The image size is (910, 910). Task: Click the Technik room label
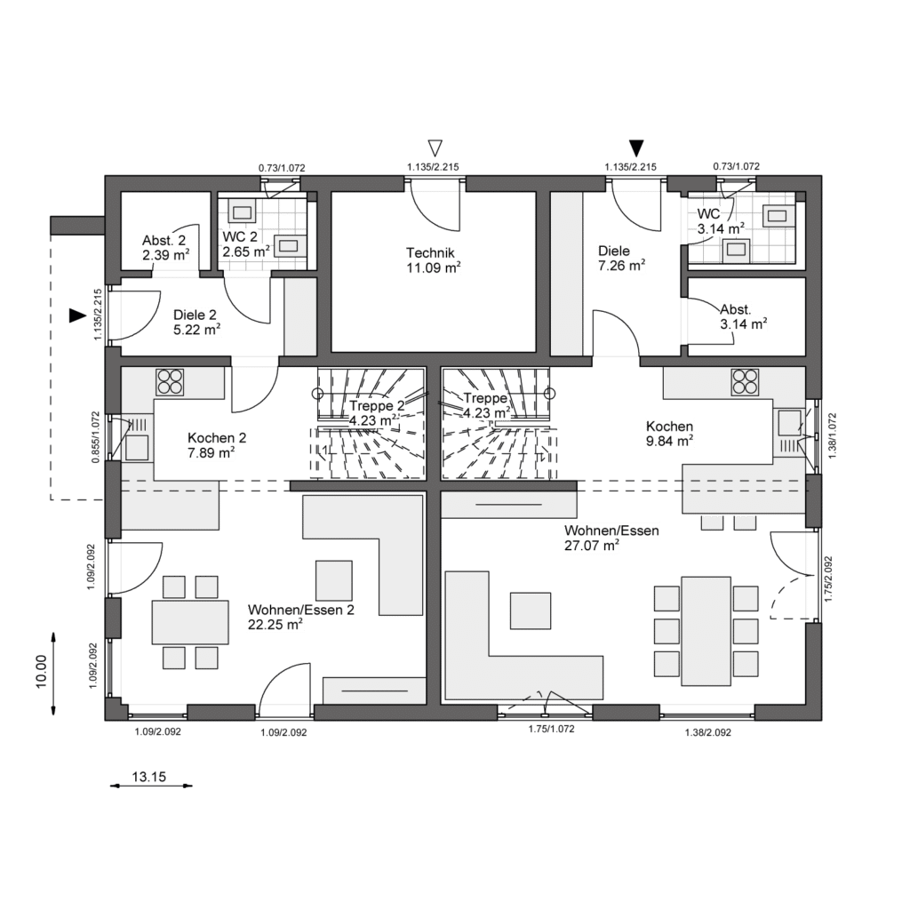click(x=430, y=253)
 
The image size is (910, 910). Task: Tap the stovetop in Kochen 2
click(x=170, y=382)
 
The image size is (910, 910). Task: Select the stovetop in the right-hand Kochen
click(x=746, y=382)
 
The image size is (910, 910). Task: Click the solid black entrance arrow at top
click(x=637, y=148)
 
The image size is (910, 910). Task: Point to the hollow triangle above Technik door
click(x=435, y=148)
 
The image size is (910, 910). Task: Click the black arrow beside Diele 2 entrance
click(x=77, y=315)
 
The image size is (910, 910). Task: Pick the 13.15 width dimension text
click(x=149, y=777)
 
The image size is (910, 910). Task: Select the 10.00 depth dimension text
click(x=41, y=672)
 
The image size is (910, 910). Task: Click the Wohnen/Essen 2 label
click(x=300, y=610)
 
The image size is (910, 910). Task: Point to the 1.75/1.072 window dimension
click(x=551, y=729)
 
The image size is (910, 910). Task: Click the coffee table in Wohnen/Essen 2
click(x=334, y=580)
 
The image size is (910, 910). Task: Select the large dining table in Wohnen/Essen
click(x=706, y=631)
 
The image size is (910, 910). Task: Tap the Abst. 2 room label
click(x=164, y=241)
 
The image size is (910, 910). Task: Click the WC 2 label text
click(x=240, y=236)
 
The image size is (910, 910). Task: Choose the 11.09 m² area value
click(x=434, y=267)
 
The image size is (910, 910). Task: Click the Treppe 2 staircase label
click(x=377, y=405)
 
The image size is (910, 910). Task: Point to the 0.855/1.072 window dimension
click(x=96, y=437)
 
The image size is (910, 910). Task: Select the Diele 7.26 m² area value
click(x=621, y=265)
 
